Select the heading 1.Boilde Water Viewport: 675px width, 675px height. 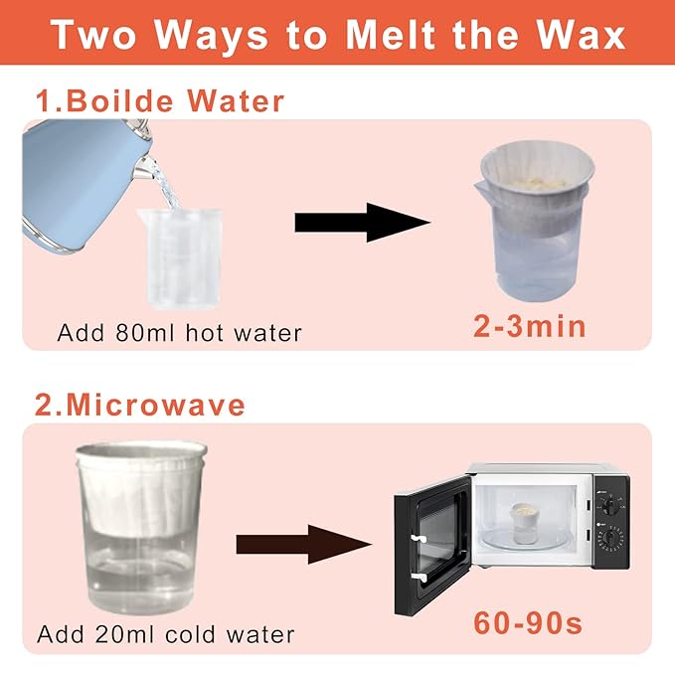coord(160,101)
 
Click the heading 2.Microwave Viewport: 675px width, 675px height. coord(140,405)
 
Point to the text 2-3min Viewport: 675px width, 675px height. coord(516,326)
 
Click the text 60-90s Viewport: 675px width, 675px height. coord(526,625)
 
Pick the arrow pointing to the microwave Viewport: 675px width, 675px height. coord(303,544)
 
